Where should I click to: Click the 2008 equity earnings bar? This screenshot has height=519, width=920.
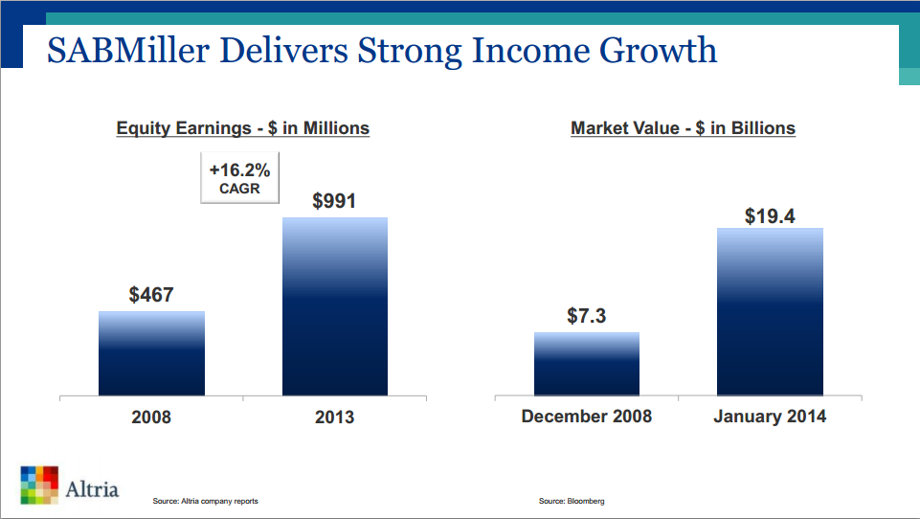tap(151, 353)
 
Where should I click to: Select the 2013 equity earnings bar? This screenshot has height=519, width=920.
tap(334, 306)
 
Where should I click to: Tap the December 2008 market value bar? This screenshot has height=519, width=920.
tap(586, 364)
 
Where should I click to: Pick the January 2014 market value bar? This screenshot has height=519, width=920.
tap(770, 311)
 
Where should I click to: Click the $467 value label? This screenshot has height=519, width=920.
tap(151, 295)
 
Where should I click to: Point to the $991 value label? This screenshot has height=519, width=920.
tap(334, 201)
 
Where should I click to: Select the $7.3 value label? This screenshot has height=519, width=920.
tap(586, 316)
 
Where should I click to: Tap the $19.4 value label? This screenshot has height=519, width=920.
tap(770, 216)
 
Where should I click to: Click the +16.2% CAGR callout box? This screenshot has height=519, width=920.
tap(239, 178)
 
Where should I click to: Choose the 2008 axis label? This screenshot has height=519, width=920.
tap(151, 417)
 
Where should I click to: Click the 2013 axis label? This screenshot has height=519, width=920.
tap(334, 417)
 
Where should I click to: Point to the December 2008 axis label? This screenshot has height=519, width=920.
tap(586, 417)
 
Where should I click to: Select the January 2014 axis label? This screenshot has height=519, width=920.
tap(770, 417)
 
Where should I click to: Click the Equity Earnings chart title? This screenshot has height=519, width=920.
tap(242, 128)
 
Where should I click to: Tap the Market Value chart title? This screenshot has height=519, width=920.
tap(683, 128)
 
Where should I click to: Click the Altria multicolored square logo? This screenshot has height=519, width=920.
tap(39, 485)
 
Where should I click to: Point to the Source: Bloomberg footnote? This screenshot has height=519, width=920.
tap(572, 502)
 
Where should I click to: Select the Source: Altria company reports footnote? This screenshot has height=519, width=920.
tap(205, 502)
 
